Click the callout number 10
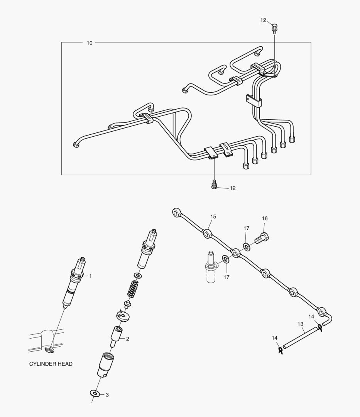tap(90, 43)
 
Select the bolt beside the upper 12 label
tap(274, 29)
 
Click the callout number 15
tap(213, 217)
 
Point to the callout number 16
tap(265, 219)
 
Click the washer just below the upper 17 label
tap(246, 246)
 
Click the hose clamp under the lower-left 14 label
tap(280, 350)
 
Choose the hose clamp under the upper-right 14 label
tap(320, 328)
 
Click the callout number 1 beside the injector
tap(91, 276)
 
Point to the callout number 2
tap(127, 339)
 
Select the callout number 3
tap(107, 395)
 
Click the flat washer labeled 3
tap(94, 393)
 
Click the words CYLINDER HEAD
tap(51, 364)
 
